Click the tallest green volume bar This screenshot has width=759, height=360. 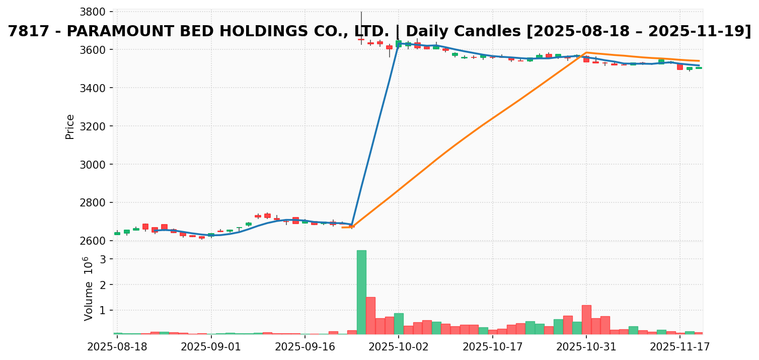(x=361, y=292)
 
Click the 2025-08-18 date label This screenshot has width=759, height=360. (x=117, y=347)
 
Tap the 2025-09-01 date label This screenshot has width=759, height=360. (x=211, y=347)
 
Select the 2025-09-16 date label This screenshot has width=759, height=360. (x=305, y=347)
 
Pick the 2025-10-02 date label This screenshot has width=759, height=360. (x=399, y=347)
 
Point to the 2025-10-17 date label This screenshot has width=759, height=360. (x=493, y=347)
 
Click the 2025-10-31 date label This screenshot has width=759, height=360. (x=586, y=347)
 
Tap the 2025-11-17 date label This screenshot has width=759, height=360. (x=680, y=347)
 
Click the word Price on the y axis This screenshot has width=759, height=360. (x=70, y=126)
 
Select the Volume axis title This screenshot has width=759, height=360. (x=89, y=301)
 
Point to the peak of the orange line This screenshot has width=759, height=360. (x=586, y=52)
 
